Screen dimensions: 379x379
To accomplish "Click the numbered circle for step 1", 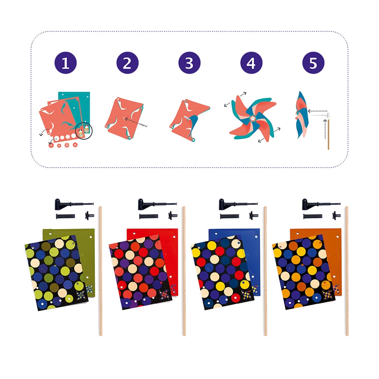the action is coord(66,63).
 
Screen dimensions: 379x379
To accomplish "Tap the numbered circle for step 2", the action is coord(127,63).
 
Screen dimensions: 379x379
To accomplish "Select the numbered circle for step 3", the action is coord(189,63).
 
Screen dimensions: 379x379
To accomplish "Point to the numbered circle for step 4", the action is coord(251,63).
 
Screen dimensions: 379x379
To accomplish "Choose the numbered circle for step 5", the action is coord(313,63).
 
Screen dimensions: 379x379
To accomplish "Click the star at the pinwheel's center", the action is coord(252,118).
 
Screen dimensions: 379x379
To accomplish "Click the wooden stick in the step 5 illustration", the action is coord(328,134).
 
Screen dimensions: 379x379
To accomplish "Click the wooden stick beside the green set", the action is coord(100,271).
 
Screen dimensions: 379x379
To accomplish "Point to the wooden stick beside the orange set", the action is coord(347,271).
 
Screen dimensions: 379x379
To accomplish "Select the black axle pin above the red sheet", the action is coord(157,205).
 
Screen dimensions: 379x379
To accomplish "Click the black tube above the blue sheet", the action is coord(229,216).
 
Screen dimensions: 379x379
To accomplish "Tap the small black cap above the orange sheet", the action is coord(336,215).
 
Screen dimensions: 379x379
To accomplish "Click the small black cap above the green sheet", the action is coord(89,215).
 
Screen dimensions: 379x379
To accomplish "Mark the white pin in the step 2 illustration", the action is coord(143,124).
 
